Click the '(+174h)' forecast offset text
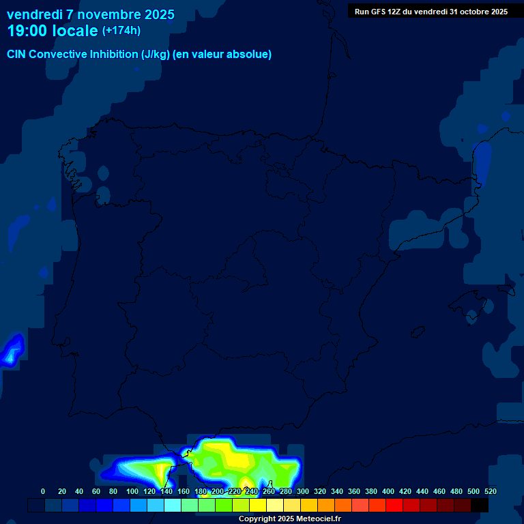[121, 31]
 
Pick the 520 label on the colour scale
[490, 491]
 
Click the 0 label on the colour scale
[43, 491]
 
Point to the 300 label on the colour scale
[302, 491]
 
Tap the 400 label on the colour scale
[388, 491]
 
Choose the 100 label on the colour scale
[132, 491]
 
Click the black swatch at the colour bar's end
[480, 505]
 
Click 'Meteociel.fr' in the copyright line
[318, 519]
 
